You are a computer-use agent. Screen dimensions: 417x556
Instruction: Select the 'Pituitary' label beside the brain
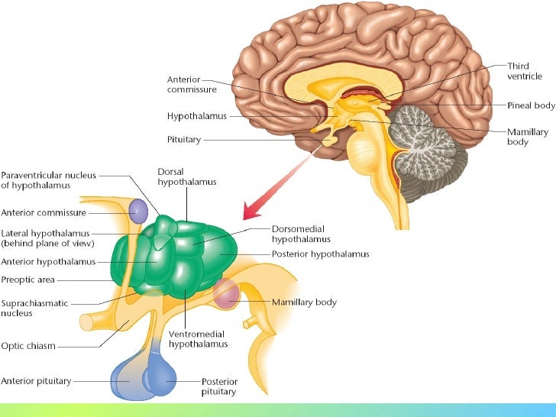click(x=183, y=141)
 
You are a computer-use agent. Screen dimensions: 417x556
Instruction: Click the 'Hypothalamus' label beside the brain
click(x=196, y=116)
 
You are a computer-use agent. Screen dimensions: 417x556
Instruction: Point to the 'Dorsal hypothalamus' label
click(x=187, y=176)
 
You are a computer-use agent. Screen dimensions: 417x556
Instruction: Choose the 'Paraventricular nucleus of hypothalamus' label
click(x=49, y=179)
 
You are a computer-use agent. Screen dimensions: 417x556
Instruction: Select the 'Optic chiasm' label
click(x=29, y=346)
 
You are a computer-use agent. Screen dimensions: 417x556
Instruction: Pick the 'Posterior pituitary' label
click(x=220, y=386)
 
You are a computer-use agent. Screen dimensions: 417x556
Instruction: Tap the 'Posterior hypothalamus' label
click(x=321, y=254)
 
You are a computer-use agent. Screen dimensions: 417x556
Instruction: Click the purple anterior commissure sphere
click(x=137, y=211)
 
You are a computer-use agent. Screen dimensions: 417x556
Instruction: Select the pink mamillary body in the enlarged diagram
click(x=227, y=294)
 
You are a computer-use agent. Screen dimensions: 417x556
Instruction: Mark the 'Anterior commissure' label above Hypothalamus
click(x=191, y=83)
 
